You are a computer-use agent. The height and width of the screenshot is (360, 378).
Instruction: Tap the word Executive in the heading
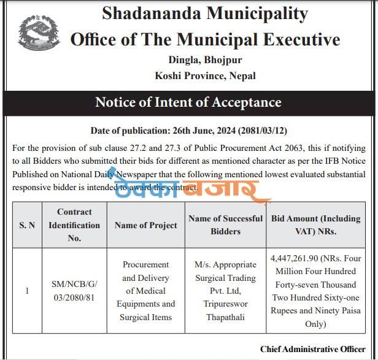297,40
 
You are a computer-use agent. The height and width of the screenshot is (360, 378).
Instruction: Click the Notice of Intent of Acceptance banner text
188,102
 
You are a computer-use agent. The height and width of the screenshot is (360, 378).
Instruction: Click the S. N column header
27,225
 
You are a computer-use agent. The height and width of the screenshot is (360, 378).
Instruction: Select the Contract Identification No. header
74,225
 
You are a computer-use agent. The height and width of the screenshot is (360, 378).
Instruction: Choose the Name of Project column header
145,225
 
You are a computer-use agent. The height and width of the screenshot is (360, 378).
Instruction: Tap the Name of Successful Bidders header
225,224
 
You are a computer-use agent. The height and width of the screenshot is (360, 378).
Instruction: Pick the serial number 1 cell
27,291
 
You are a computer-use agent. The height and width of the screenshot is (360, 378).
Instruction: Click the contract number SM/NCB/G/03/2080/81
74,291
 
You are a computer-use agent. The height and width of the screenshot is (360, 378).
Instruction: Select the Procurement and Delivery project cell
145,291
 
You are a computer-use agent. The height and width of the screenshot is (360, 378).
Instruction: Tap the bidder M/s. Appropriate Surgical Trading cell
225,291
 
